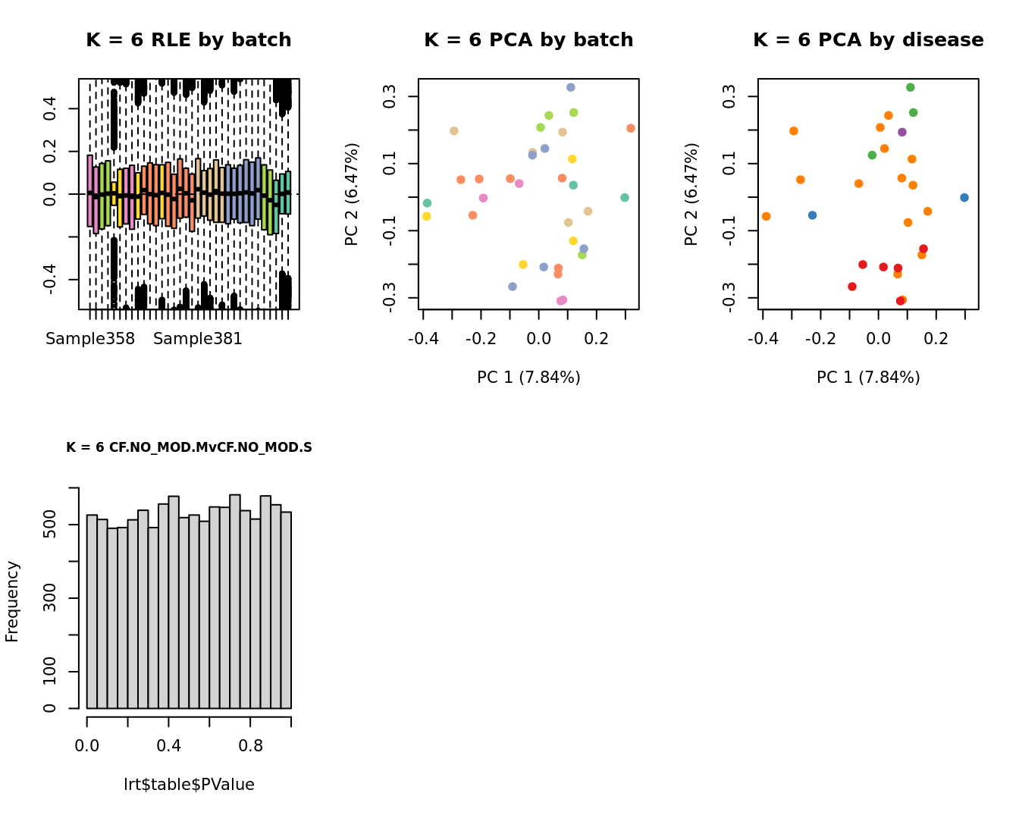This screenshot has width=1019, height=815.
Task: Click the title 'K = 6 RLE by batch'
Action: [x=188, y=40]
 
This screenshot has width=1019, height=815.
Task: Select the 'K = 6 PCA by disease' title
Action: [x=868, y=40]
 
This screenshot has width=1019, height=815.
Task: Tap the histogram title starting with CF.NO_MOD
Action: [x=189, y=447]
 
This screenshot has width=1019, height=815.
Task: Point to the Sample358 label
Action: [x=90, y=339]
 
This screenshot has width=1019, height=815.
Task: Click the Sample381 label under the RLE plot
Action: [x=198, y=339]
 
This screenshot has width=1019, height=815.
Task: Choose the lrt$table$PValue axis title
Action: [x=189, y=785]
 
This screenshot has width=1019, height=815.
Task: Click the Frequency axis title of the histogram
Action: [x=12, y=601]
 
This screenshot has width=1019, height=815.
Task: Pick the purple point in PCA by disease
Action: [x=902, y=132]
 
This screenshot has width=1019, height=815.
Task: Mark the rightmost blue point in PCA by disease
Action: [x=964, y=198]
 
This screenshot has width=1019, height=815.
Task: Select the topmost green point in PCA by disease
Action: [x=911, y=88]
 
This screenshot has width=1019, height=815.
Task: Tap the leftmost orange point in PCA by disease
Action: [x=767, y=217]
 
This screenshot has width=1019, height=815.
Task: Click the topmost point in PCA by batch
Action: [x=571, y=88]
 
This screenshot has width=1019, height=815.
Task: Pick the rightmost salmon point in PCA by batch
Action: [x=631, y=128]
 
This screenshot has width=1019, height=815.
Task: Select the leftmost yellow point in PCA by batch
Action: [x=427, y=217]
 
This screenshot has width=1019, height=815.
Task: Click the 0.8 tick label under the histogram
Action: [x=250, y=746]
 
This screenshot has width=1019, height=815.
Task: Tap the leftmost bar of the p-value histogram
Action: [x=92, y=611]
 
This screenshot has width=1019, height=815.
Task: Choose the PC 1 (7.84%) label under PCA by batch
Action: [x=528, y=378]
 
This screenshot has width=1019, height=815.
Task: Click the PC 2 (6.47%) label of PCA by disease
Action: [x=691, y=194]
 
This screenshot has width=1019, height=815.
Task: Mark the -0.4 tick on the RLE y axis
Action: [x=50, y=280]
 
